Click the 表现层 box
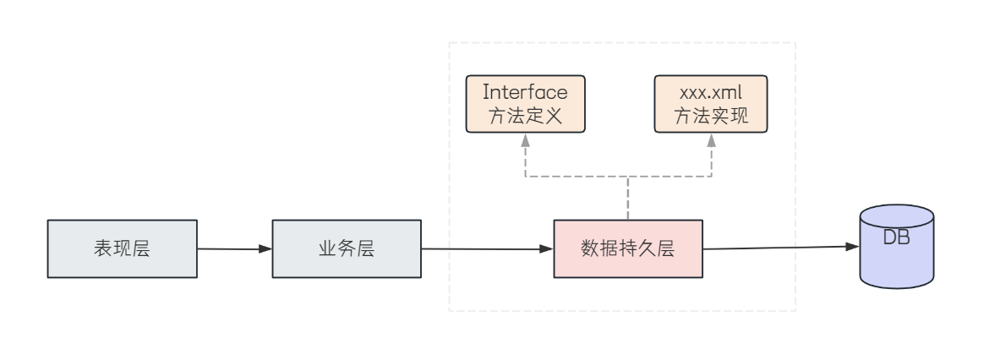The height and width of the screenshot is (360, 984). point(122,249)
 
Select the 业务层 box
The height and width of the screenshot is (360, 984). point(346,249)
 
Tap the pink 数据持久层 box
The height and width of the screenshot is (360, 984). point(627,249)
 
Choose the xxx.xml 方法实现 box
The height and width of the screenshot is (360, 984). point(712,104)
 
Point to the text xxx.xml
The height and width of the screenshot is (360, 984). point(712,91)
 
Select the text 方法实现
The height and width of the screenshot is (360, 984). point(712,117)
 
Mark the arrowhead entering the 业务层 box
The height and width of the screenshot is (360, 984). point(265,249)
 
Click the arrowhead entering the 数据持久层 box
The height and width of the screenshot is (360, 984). point(547,249)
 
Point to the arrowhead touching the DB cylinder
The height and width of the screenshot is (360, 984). point(852,247)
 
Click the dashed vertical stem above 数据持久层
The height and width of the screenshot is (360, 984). point(627,199)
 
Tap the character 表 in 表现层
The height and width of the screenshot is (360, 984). point(101,249)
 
